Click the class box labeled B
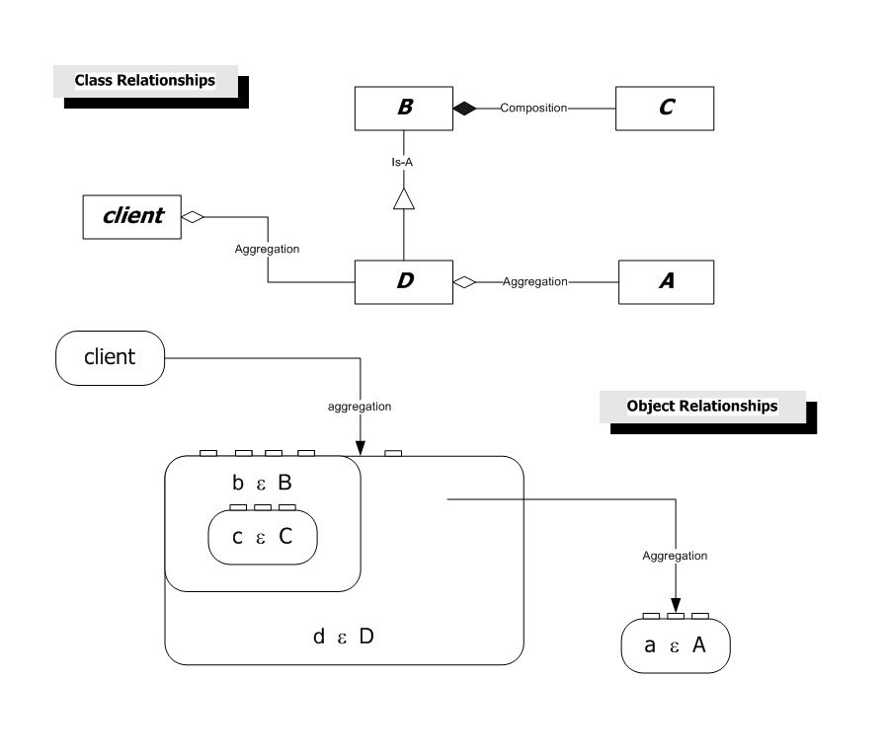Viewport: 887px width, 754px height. pos(404,109)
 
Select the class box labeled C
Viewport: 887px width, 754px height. pos(665,109)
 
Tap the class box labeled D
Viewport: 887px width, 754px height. pos(404,282)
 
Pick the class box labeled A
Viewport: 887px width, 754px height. pos(667,282)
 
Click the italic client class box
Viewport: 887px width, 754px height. pos(131,217)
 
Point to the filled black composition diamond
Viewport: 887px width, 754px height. pos(465,108)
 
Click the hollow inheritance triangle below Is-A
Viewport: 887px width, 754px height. pos(404,199)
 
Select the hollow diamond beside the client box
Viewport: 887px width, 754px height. pos(193,217)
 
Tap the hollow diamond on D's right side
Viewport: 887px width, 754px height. pos(464,282)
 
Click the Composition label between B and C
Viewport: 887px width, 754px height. pos(533,108)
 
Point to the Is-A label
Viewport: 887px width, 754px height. pos(402,162)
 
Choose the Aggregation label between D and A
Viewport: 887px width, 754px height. pos(535,281)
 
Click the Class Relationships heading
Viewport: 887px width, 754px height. pos(145,80)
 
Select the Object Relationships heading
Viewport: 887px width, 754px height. pos(702,406)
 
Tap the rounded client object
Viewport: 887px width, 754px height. pos(110,358)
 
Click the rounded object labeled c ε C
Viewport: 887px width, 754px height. pos(263,537)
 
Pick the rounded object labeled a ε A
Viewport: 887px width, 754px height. pos(676,645)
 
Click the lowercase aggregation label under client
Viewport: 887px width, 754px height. pos(360,407)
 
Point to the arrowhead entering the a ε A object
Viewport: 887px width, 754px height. pos(676,605)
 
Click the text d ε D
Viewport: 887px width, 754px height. pos(344,637)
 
